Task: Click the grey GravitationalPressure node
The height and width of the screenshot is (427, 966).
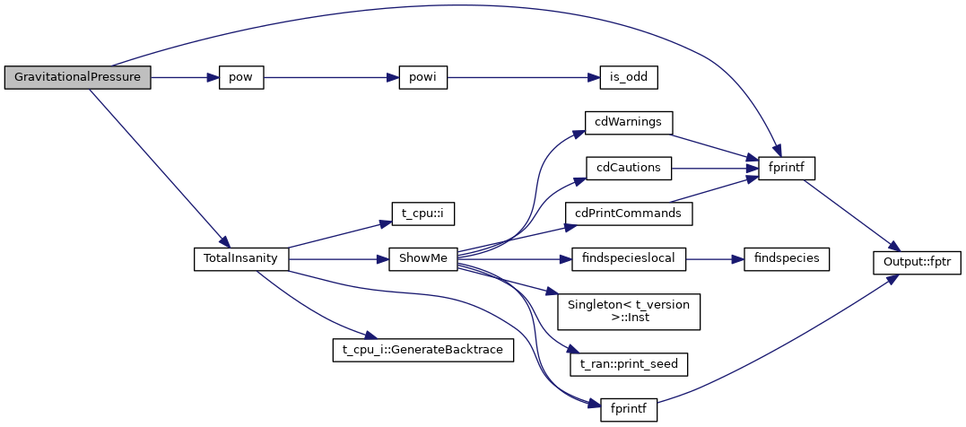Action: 77,77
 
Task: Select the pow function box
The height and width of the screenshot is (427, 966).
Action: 240,77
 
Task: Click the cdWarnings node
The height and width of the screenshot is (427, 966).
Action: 628,121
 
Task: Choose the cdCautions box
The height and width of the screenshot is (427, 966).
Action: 628,167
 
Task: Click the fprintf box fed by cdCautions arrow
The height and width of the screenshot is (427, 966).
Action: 787,168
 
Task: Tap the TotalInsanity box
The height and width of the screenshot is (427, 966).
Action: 241,259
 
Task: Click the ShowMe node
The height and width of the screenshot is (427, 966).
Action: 422,259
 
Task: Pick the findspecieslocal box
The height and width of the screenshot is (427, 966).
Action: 629,259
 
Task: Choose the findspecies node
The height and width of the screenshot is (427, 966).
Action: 780,259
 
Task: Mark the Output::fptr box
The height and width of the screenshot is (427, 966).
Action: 918,261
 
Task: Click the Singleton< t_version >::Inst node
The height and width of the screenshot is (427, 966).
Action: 628,311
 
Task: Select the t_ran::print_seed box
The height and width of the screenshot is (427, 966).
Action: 629,364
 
